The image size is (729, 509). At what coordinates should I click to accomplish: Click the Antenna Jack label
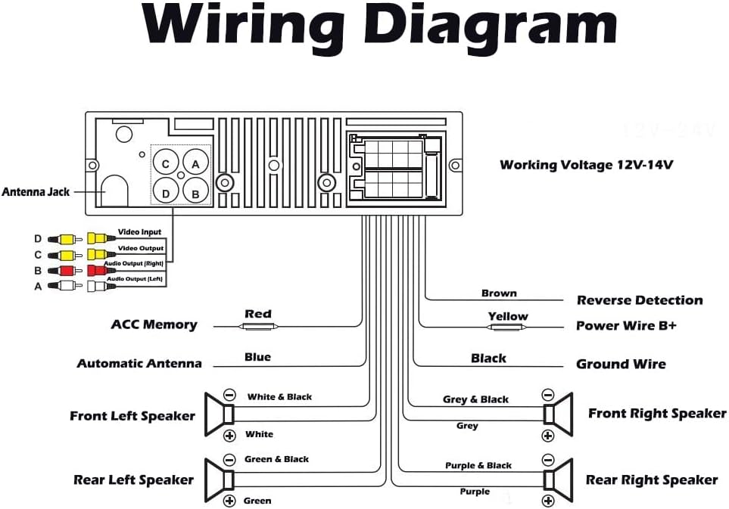pyautogui.click(x=36, y=192)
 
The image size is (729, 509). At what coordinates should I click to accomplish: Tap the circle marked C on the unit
pyautogui.click(x=166, y=163)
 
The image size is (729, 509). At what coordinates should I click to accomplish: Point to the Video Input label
pyautogui.click(x=139, y=231)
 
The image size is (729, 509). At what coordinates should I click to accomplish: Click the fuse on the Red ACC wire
pyautogui.click(x=258, y=327)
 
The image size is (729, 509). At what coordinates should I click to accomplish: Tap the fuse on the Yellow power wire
pyautogui.click(x=506, y=327)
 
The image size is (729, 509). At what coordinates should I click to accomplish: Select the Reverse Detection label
pyautogui.click(x=640, y=300)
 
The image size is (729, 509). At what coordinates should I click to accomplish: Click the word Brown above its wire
pyautogui.click(x=499, y=293)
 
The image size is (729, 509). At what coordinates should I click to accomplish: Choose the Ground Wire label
pyautogui.click(x=622, y=364)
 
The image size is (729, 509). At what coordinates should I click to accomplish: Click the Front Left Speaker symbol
pyautogui.click(x=220, y=414)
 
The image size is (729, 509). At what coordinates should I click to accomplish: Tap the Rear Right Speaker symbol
pyautogui.click(x=559, y=480)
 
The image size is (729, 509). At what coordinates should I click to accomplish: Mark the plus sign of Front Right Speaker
pyautogui.click(x=548, y=436)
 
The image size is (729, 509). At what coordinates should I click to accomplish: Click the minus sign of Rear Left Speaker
pyautogui.click(x=229, y=460)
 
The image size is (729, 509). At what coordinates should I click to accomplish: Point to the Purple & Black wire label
pyautogui.click(x=478, y=465)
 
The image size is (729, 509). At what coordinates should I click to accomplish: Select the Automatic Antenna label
pyautogui.click(x=139, y=363)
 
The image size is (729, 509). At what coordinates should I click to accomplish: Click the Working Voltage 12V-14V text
pyautogui.click(x=586, y=165)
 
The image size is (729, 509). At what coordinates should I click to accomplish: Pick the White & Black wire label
pyautogui.click(x=279, y=396)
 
